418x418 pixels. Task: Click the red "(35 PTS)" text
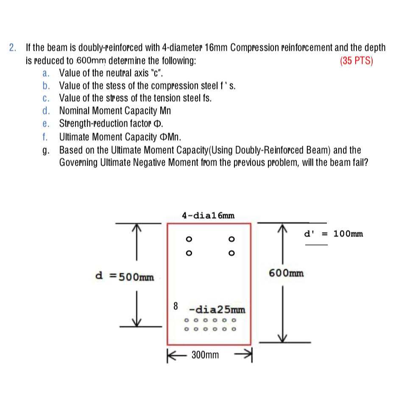click(356, 61)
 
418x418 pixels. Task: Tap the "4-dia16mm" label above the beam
click(208, 215)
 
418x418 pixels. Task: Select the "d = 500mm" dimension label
click(124, 277)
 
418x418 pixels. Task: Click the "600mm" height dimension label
click(286, 273)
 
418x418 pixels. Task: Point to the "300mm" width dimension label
click(205, 354)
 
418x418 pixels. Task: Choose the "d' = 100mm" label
click(334, 234)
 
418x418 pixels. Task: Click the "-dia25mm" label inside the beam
click(217, 308)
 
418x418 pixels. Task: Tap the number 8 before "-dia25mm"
click(176, 305)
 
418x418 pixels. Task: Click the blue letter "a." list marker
click(46, 73)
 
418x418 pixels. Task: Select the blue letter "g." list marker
click(46, 150)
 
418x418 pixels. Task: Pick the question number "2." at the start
click(14, 47)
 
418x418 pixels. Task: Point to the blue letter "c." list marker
click(46, 98)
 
